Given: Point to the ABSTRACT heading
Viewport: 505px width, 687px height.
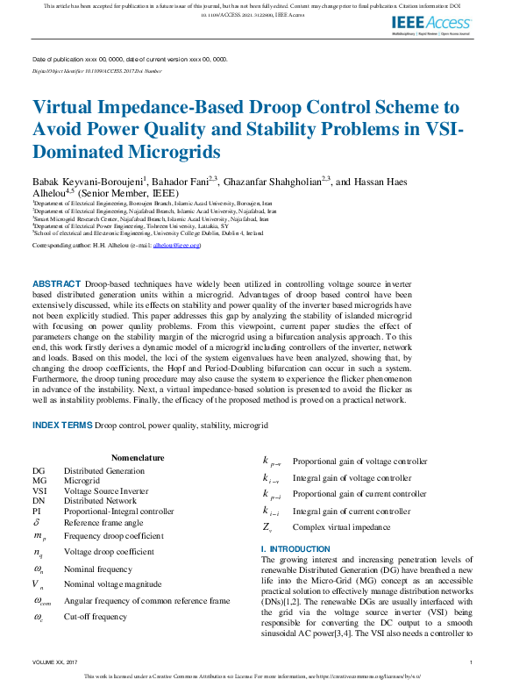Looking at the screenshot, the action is pyautogui.click(x=56, y=285).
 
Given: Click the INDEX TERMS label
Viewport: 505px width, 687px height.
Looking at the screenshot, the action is pyautogui.click(x=61, y=425).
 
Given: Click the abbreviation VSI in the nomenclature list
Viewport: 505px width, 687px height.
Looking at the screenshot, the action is pyautogui.click(x=39, y=491).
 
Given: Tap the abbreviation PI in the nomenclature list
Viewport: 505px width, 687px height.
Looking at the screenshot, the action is pyautogui.click(x=36, y=511).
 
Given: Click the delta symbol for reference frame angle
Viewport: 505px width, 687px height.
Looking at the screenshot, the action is pyautogui.click(x=38, y=522).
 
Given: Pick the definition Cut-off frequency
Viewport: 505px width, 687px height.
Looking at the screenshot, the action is pyautogui.click(x=96, y=617).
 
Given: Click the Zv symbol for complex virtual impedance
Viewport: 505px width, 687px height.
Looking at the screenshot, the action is pyautogui.click(x=267, y=527).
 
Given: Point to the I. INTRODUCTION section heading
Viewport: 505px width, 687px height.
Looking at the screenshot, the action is pyautogui.click(x=295, y=549).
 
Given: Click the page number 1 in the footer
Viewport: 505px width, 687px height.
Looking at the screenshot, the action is pyautogui.click(x=472, y=662).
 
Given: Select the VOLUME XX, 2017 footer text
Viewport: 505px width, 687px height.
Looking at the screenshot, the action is pyautogui.click(x=54, y=662).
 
